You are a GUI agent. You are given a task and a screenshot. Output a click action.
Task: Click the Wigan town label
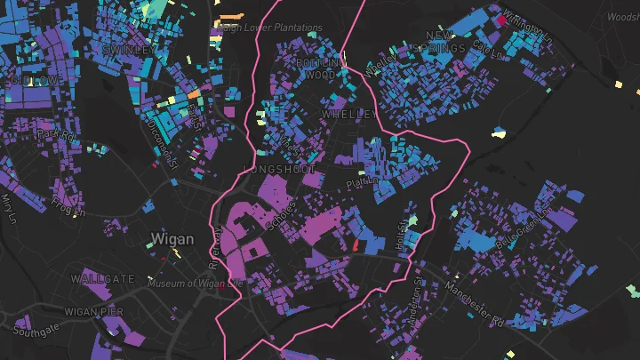click(172, 238)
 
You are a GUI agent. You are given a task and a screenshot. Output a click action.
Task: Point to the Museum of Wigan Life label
click(195, 284)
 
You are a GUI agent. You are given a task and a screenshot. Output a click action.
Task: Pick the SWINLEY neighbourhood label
click(124, 51)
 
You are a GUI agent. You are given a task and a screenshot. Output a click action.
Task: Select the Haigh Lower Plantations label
click(270, 28)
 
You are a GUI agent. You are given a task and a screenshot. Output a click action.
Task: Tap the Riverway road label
click(214, 248)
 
